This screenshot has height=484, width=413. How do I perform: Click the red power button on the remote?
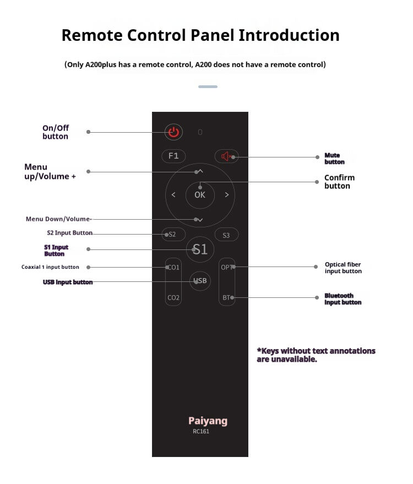[x=173, y=132]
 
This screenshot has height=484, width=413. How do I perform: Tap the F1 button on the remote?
[x=173, y=156]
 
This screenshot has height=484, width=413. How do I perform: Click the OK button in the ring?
[x=200, y=195]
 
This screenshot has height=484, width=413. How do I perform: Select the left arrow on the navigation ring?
[x=173, y=195]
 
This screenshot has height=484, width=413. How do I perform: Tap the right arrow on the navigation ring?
[x=226, y=195]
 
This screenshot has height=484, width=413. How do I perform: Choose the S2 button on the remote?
[x=172, y=235]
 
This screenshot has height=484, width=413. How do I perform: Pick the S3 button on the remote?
[x=226, y=235]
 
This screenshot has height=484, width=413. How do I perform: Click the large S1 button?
[x=200, y=249]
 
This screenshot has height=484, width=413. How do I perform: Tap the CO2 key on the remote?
[x=173, y=298]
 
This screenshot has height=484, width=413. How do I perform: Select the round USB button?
[x=200, y=281]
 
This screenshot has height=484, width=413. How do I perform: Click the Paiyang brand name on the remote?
[x=208, y=421]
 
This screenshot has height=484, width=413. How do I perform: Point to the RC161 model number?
[x=201, y=432]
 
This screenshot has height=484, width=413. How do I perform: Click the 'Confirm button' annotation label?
[x=339, y=182]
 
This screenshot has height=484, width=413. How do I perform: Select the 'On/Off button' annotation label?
[x=56, y=132]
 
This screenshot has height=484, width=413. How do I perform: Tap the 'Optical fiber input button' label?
[x=343, y=268]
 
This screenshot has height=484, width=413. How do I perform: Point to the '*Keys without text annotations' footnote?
[x=316, y=355]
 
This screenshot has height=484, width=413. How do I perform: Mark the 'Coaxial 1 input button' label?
[x=50, y=267]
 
